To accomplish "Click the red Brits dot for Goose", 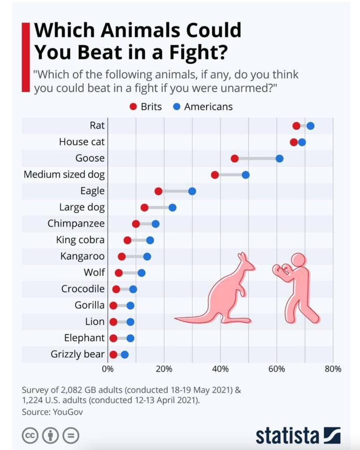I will [x=234, y=159].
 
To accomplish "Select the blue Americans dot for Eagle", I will [x=192, y=191].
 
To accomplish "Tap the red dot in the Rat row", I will [x=296, y=126].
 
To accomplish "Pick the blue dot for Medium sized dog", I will [x=245, y=175].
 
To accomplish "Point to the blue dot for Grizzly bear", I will [x=125, y=355].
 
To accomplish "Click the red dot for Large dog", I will [x=144, y=207].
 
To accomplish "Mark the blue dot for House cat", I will [x=302, y=142].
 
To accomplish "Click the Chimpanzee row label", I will [x=76, y=224].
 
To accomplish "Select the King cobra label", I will [x=80, y=240].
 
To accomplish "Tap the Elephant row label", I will [x=84, y=338].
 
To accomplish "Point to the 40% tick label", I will [x=220, y=369].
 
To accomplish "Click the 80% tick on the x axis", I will [x=333, y=369].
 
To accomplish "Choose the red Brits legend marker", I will [x=133, y=107].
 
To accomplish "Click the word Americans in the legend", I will [x=209, y=107].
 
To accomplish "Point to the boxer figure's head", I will [x=299, y=260].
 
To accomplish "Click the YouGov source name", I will [x=68, y=412].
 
